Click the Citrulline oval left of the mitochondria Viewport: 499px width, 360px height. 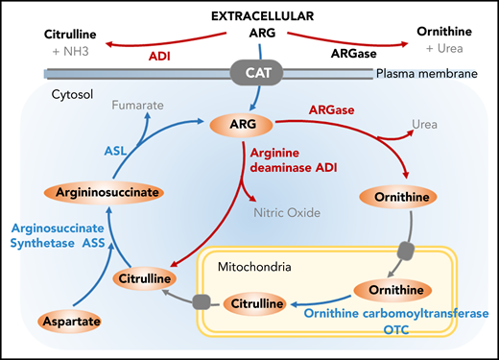(x=143, y=279)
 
